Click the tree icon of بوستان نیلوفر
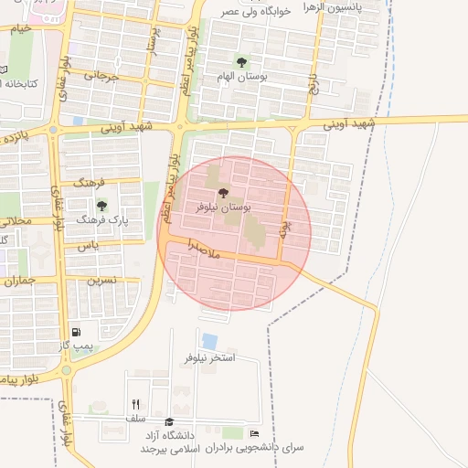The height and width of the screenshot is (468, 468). [x=223, y=192]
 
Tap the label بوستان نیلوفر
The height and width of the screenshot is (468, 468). [x=224, y=207]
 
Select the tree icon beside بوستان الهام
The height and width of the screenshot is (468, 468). [x=241, y=62]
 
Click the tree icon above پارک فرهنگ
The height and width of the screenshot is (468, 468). [x=101, y=205]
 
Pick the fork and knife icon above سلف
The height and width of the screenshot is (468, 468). [x=135, y=403]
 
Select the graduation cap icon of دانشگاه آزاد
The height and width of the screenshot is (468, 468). [x=168, y=421]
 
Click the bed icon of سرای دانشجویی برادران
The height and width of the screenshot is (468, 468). [x=254, y=432]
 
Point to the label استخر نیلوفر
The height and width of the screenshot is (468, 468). [x=210, y=357]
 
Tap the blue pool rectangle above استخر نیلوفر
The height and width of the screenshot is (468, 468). [x=210, y=340]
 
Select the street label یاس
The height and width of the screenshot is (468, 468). [x=88, y=246]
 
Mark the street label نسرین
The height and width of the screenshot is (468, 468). [x=101, y=280]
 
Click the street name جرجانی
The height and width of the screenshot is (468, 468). [x=102, y=77]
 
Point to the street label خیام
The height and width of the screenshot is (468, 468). [x=20, y=28]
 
